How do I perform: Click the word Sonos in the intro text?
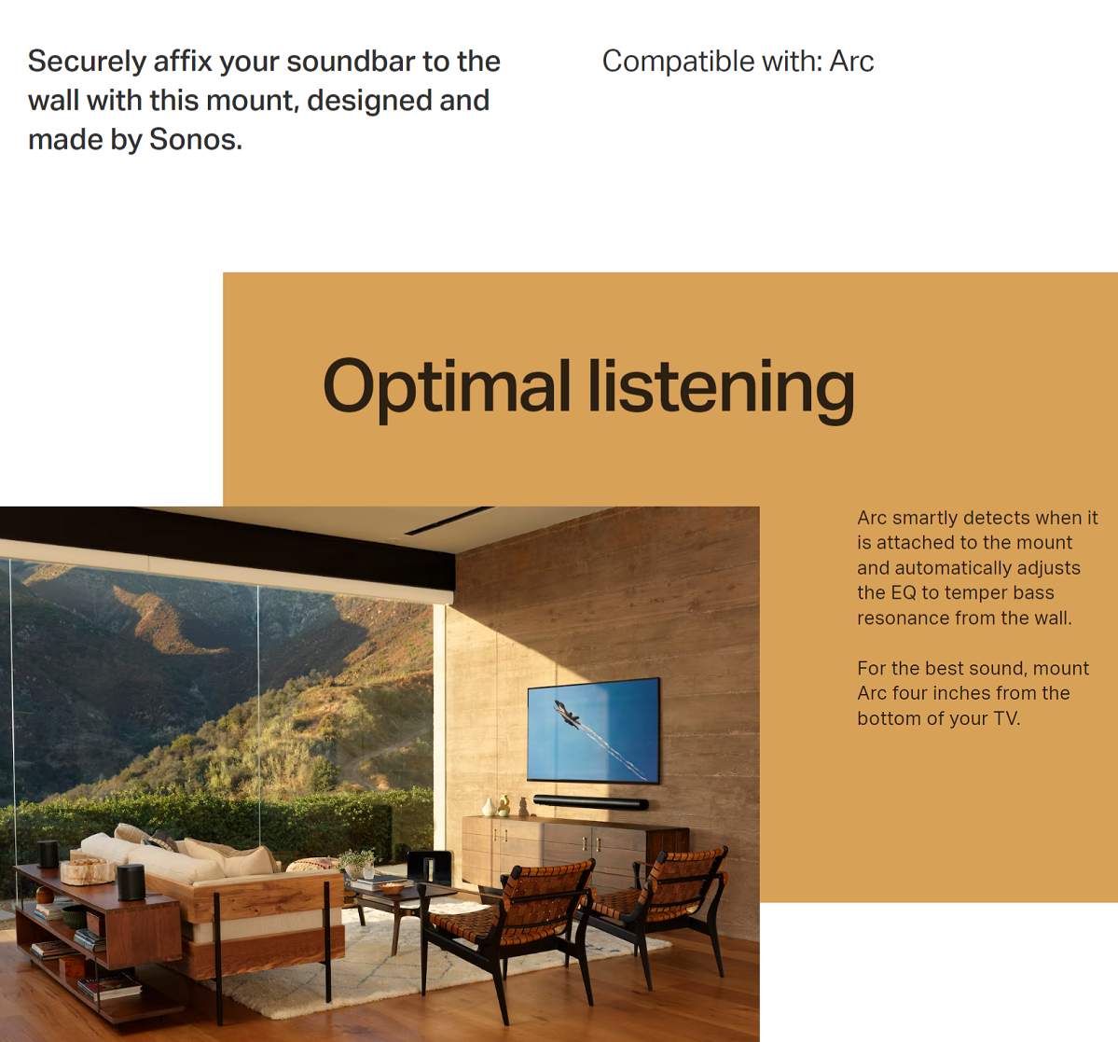(x=196, y=139)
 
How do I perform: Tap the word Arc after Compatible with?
(x=851, y=62)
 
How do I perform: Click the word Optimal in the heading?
(x=447, y=389)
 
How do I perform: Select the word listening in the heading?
(x=721, y=389)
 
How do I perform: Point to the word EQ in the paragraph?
(x=904, y=592)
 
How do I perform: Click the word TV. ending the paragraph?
(x=1007, y=718)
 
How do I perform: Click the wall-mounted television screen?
(x=593, y=729)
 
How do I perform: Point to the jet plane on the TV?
(x=568, y=714)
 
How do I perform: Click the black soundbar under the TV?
(x=591, y=802)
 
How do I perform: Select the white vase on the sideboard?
(x=489, y=807)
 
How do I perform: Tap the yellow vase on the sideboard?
(x=504, y=805)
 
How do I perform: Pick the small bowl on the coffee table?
(x=391, y=888)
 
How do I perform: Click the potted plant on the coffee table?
(x=358, y=865)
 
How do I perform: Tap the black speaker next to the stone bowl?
(x=131, y=882)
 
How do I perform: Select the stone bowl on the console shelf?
(x=87, y=871)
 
